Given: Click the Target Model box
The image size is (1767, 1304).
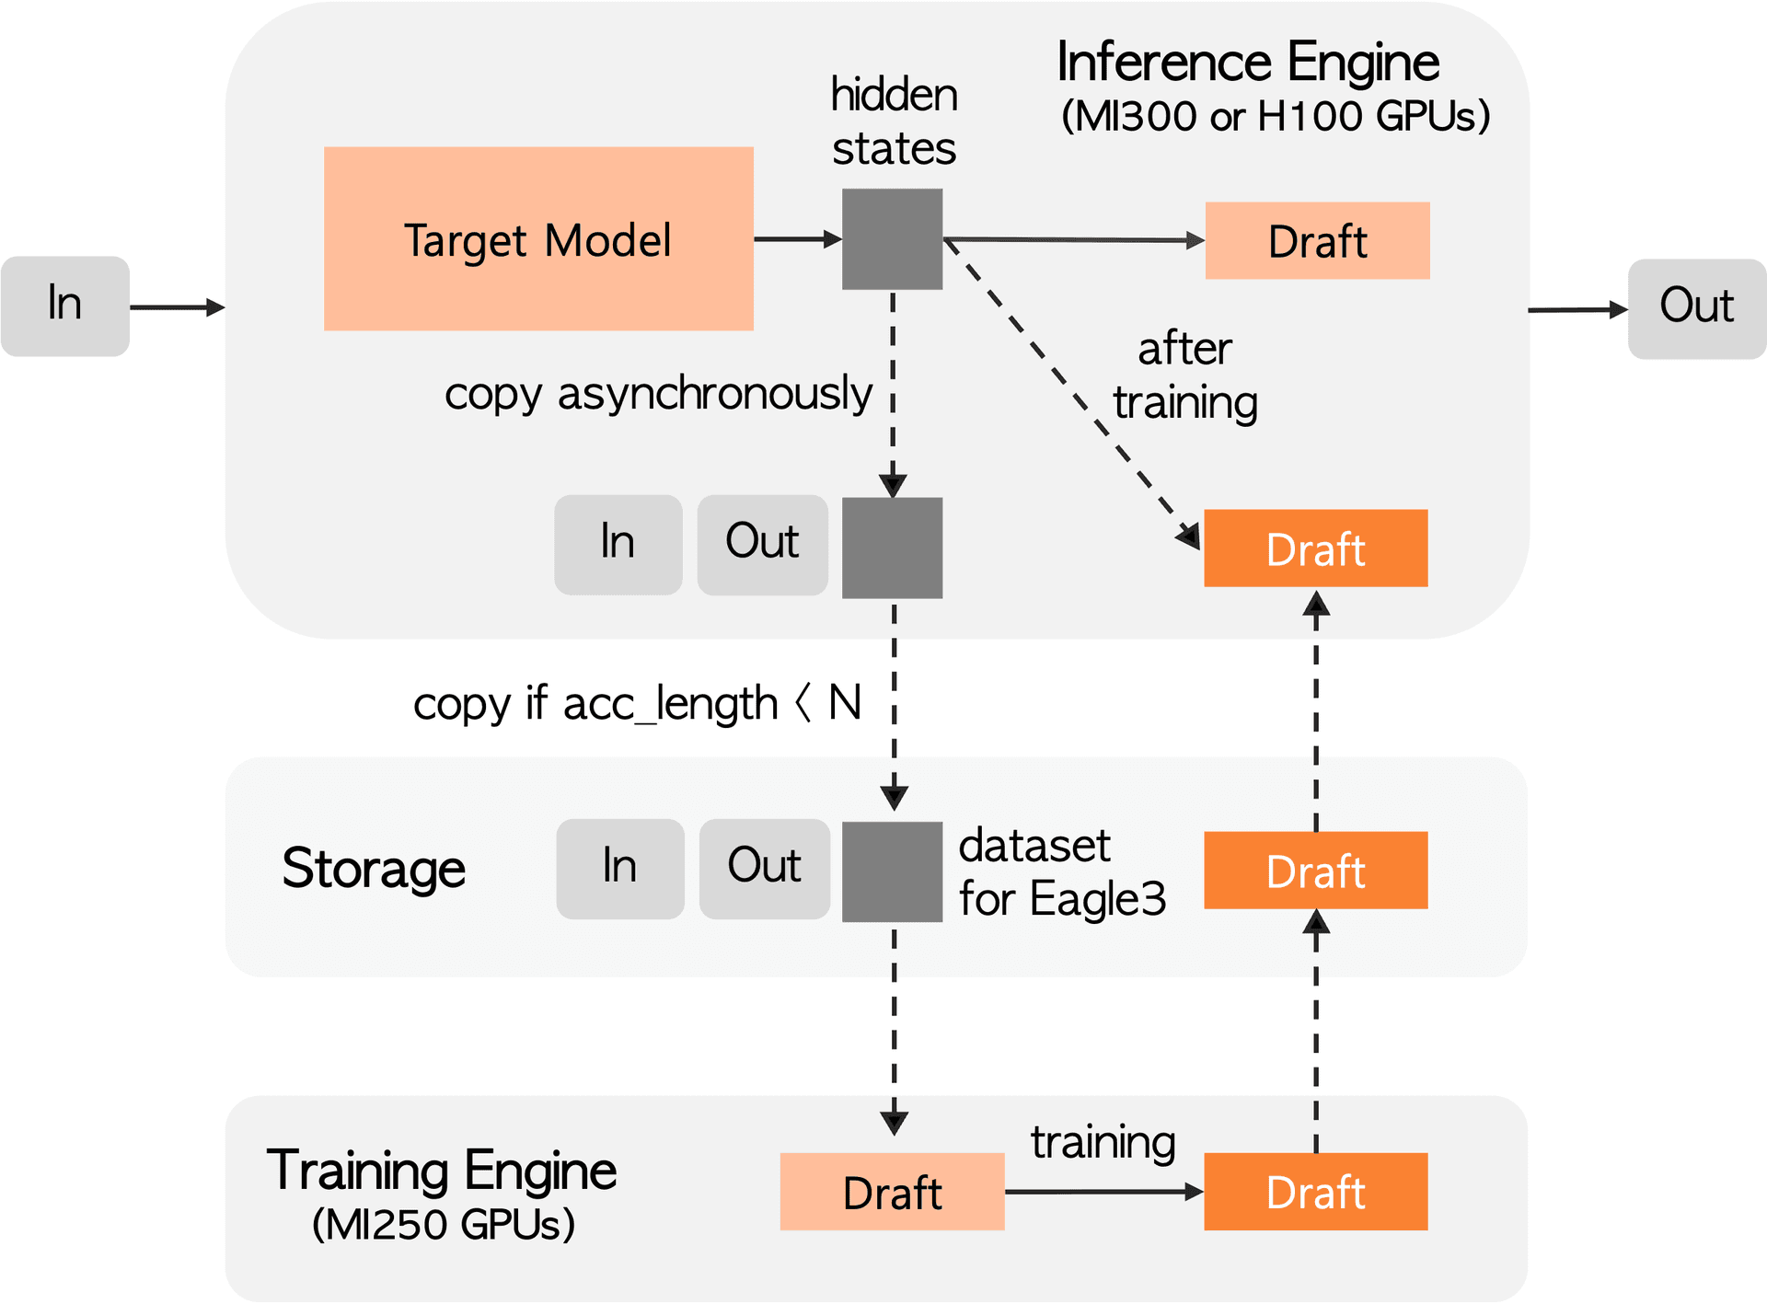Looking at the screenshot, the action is coord(538,239).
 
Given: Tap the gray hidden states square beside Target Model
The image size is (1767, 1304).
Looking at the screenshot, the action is coord(892,239).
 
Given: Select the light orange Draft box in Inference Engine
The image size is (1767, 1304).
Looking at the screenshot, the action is coord(1317,241).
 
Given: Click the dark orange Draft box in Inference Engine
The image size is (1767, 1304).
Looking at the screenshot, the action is coord(1315,548).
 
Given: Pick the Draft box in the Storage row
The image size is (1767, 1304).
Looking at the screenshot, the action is coord(1315,871).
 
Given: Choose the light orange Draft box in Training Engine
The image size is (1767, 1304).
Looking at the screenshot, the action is coord(892,1192).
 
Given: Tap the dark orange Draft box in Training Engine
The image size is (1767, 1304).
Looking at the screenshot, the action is coord(1315,1192).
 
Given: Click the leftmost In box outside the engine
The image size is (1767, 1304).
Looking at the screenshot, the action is coord(64,306).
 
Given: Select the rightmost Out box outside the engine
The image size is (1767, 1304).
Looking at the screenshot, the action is coord(1696,308).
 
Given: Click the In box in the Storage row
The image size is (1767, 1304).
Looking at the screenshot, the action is coord(620,869).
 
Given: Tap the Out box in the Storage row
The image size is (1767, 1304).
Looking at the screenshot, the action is coord(764,869).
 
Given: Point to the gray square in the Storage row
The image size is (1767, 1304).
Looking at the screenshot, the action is coord(892,871).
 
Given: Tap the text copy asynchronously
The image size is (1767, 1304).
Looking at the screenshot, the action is coord(658,394).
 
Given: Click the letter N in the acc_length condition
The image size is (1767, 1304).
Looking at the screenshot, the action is coord(845,703).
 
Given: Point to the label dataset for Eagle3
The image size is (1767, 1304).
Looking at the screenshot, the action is coord(1061,871).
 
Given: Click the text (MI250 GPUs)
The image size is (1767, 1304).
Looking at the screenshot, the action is coord(444,1225).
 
